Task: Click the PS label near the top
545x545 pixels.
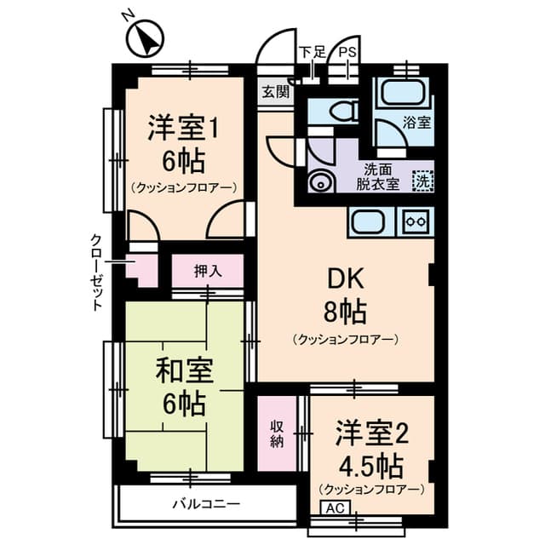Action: coord(347,52)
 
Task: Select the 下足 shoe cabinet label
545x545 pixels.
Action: coord(312,52)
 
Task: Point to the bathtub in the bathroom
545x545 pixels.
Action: coord(402,91)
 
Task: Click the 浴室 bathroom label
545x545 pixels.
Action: coord(417,122)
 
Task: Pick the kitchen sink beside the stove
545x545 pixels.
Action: coord(368,221)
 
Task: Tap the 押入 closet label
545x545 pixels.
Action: coord(207,272)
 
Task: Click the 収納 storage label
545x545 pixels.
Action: coord(278,433)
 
